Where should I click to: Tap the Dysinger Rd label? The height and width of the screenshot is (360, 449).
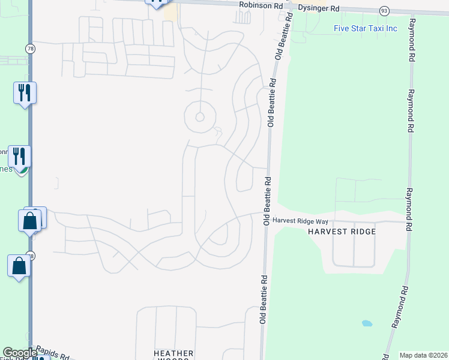point(318,9)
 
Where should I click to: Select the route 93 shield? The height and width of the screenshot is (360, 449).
point(384,11)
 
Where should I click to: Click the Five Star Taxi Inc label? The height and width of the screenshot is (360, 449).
point(366,28)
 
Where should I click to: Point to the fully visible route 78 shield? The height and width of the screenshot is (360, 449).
point(30,48)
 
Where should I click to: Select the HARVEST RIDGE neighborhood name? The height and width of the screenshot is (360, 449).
point(342,232)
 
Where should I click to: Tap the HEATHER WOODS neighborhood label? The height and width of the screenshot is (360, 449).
point(173,355)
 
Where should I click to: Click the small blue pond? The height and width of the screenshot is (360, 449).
point(367,323)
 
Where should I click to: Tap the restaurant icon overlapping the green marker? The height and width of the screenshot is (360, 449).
point(19,157)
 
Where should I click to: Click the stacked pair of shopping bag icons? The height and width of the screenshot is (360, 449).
point(31,219)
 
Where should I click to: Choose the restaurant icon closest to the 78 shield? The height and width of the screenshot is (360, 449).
point(25,92)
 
